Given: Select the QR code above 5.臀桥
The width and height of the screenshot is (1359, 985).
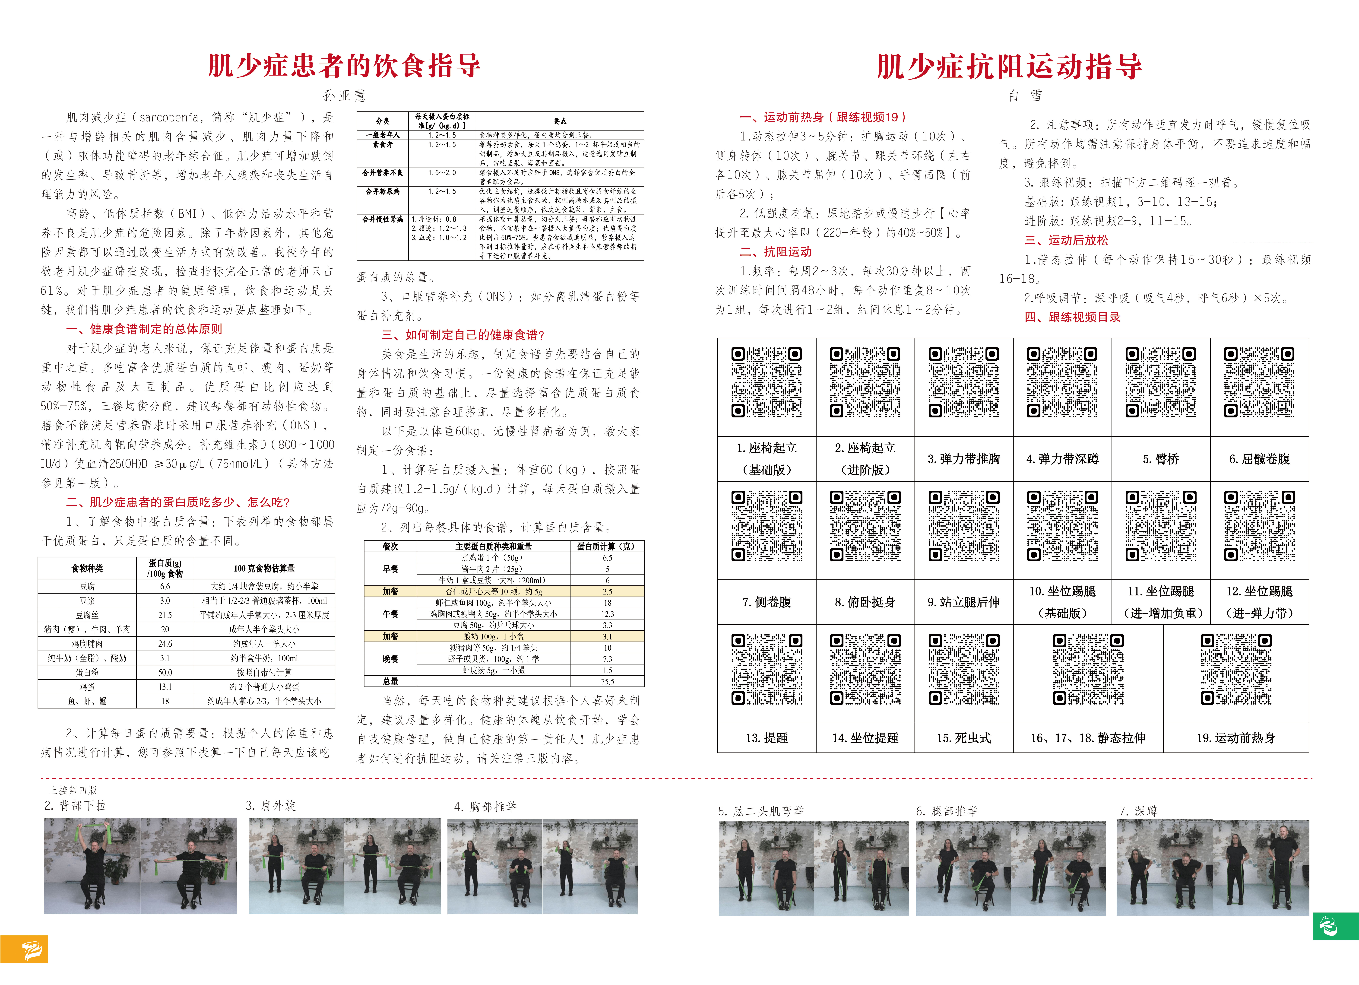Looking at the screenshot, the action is [1161, 382].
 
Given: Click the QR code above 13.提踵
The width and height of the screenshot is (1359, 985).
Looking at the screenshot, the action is [766, 669].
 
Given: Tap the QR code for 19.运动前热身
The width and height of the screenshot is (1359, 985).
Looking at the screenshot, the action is [1235, 669].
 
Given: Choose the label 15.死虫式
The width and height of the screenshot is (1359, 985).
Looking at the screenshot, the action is [963, 738].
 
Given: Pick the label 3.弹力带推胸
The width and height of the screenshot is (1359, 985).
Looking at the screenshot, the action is [963, 459].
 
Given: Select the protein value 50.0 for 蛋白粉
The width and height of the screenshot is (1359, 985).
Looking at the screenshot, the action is [165, 672].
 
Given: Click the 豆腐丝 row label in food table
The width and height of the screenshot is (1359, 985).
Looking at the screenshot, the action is [87, 615].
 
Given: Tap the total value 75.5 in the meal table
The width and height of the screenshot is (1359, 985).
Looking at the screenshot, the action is [607, 681].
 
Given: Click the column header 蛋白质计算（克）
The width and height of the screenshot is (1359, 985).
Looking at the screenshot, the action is [607, 547].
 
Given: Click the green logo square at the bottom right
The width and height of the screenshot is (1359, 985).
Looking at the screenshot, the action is [1336, 926].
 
